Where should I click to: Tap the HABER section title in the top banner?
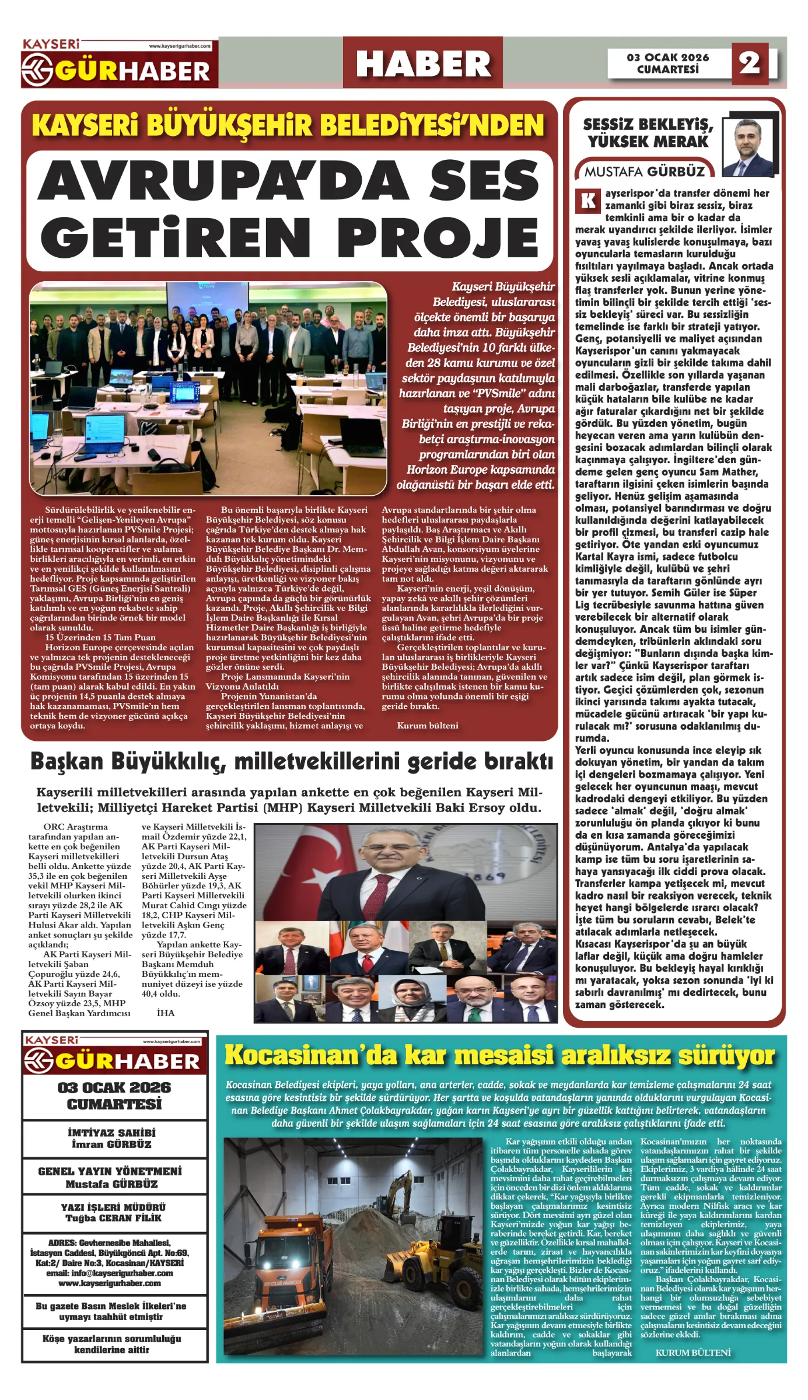(x=423, y=64)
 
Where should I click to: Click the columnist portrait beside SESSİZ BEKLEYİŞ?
(x=747, y=147)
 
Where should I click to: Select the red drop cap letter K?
(x=588, y=201)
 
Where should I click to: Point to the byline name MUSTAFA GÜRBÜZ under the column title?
(x=645, y=171)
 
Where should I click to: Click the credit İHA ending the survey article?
(x=166, y=1013)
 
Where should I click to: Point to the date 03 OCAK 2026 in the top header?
(x=668, y=57)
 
